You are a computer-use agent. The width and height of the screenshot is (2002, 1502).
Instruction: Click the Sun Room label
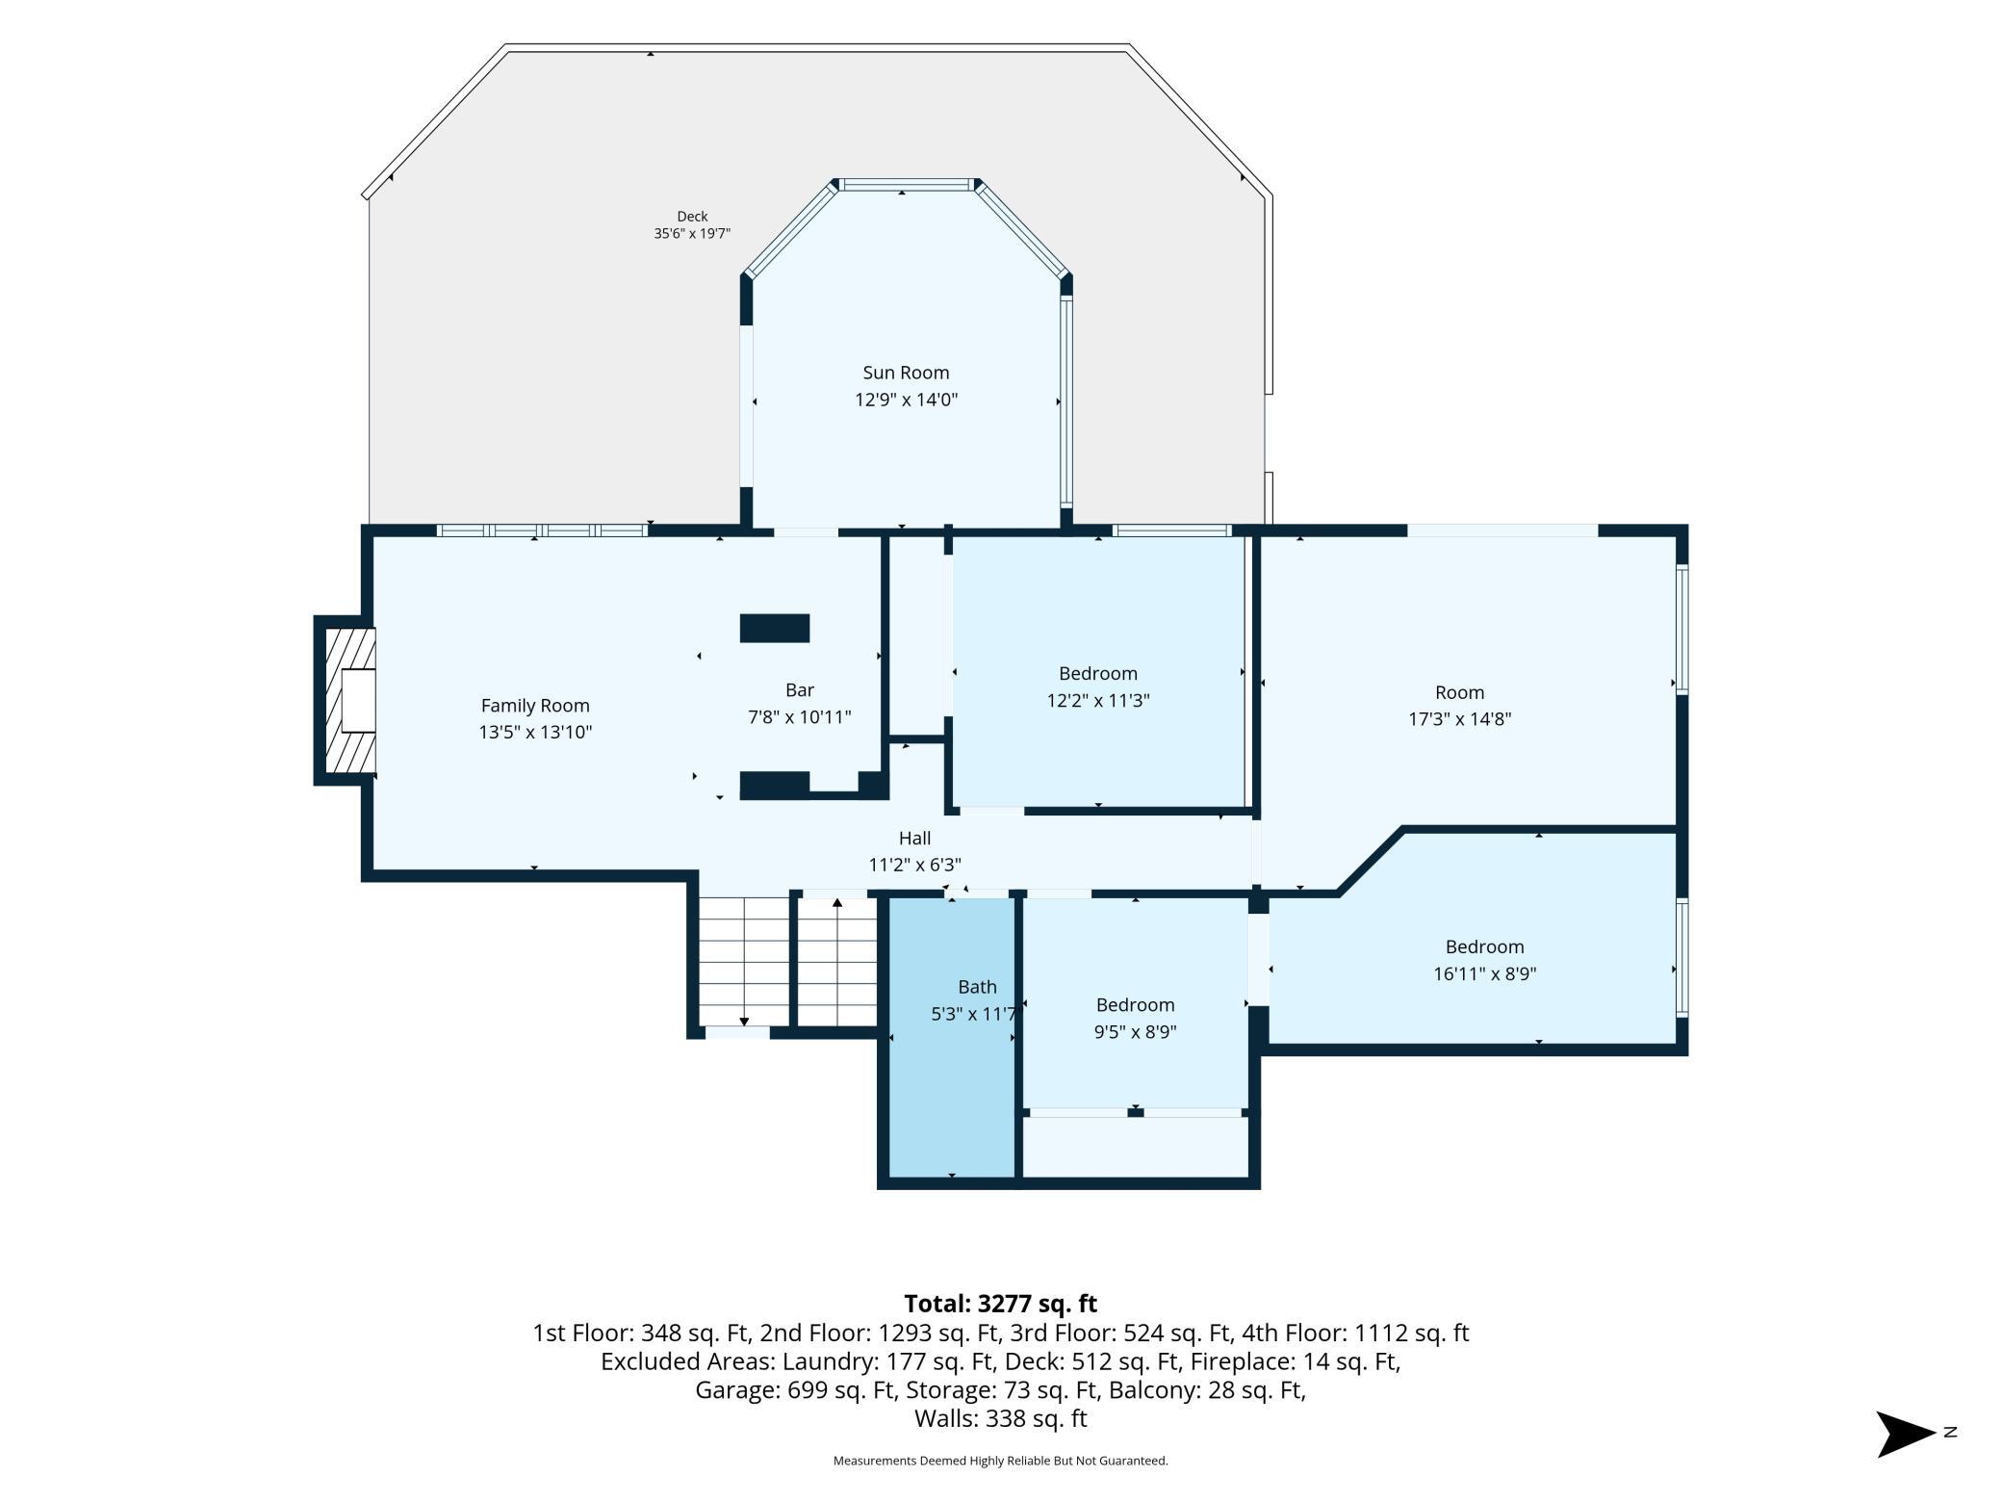pos(906,373)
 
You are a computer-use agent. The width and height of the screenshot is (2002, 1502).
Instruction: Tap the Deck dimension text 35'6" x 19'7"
pos(692,233)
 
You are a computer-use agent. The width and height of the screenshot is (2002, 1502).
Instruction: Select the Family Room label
pos(535,706)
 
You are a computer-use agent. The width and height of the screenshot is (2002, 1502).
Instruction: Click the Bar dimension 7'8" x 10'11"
pos(800,717)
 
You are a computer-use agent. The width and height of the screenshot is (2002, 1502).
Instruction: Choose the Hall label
pos(914,838)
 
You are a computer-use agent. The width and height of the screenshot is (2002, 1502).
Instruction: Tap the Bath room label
pos(977,987)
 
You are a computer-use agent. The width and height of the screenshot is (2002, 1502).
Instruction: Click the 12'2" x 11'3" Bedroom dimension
pos(1098,700)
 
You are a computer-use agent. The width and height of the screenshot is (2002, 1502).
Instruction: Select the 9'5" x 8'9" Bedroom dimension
pos(1136,1032)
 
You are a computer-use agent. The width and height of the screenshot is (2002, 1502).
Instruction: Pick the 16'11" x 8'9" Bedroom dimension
pos(1484,973)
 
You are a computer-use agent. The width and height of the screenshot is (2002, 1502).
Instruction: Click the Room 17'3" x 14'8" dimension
pos(1460,718)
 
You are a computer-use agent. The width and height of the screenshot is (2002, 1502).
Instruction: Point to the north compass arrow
pos(1907,1434)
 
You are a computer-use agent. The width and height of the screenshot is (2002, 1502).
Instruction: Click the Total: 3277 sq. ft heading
pos(1001,1304)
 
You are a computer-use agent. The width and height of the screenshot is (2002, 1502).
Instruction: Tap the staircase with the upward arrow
pos(837,963)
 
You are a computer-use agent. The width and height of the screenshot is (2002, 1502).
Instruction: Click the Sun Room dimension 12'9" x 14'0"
pos(906,400)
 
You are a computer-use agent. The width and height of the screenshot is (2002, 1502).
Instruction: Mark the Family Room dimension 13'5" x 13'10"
pos(535,732)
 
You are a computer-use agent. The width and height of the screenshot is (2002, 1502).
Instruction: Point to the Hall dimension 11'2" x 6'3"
pos(914,865)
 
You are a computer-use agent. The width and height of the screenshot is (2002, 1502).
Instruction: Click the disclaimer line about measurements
pos(1001,1461)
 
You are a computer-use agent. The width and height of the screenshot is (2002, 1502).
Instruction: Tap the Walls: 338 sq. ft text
pos(1001,1418)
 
